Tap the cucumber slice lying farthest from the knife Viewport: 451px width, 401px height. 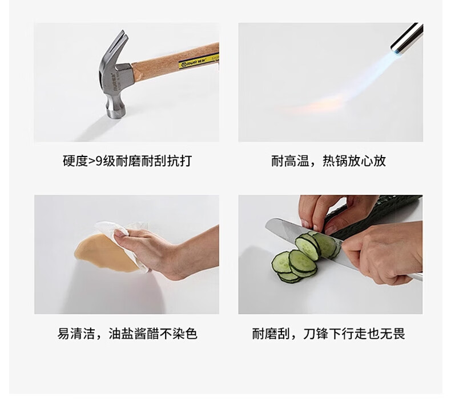281,262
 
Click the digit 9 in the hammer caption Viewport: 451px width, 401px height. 99,161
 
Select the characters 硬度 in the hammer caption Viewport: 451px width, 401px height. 75,161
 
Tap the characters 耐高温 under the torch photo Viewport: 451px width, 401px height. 290,161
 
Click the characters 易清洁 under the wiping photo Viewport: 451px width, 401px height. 76,334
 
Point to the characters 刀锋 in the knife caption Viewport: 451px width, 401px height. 316,334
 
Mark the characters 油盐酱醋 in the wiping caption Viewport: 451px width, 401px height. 134,334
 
